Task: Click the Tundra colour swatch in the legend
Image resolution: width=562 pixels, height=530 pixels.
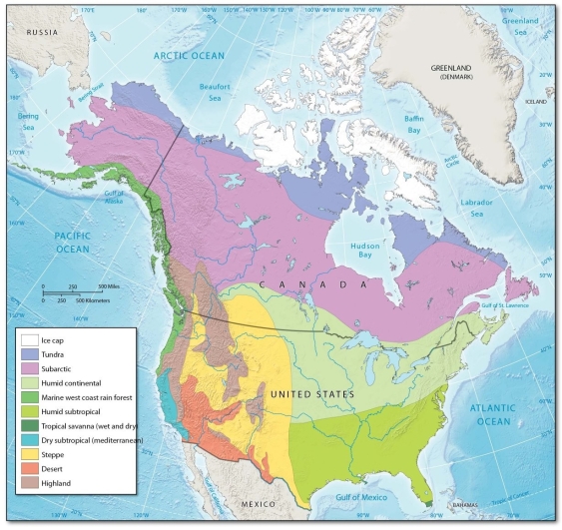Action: click(31, 355)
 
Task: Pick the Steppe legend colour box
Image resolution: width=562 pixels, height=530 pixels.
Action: click(31, 453)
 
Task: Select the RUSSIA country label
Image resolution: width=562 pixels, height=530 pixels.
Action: click(43, 32)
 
